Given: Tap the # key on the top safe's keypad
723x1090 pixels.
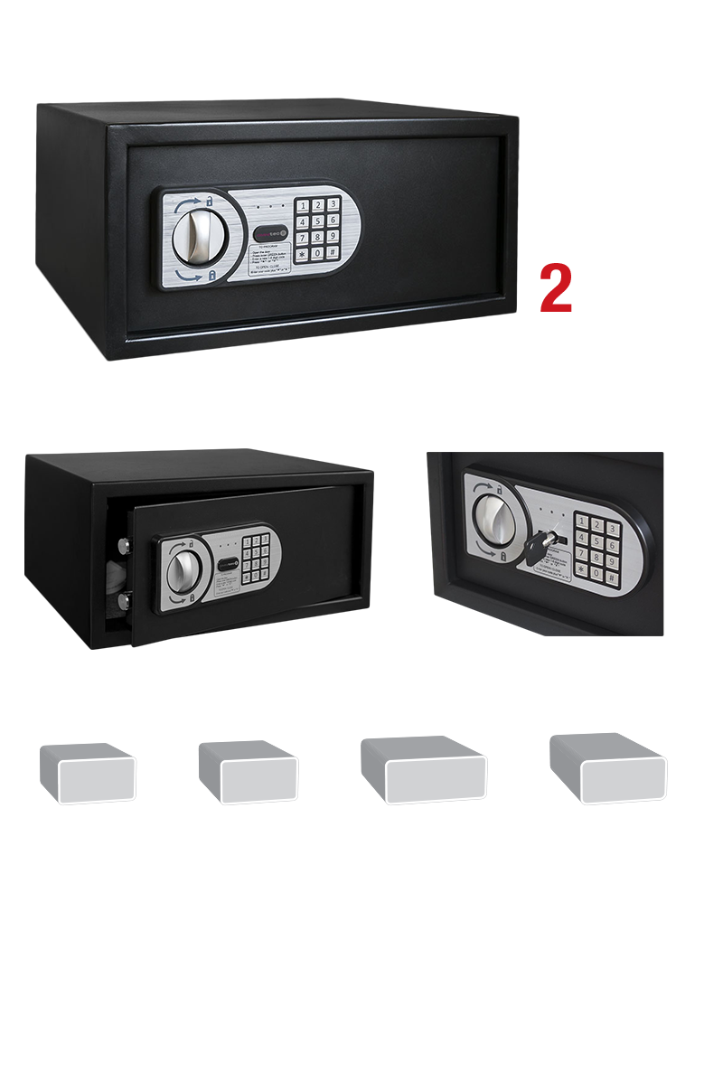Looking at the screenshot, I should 333,253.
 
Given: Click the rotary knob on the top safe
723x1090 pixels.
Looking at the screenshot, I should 194,234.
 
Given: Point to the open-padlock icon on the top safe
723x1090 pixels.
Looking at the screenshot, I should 210,200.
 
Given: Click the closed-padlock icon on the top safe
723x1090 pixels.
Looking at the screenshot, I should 211,274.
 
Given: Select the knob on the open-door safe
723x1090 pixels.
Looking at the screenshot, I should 185,569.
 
